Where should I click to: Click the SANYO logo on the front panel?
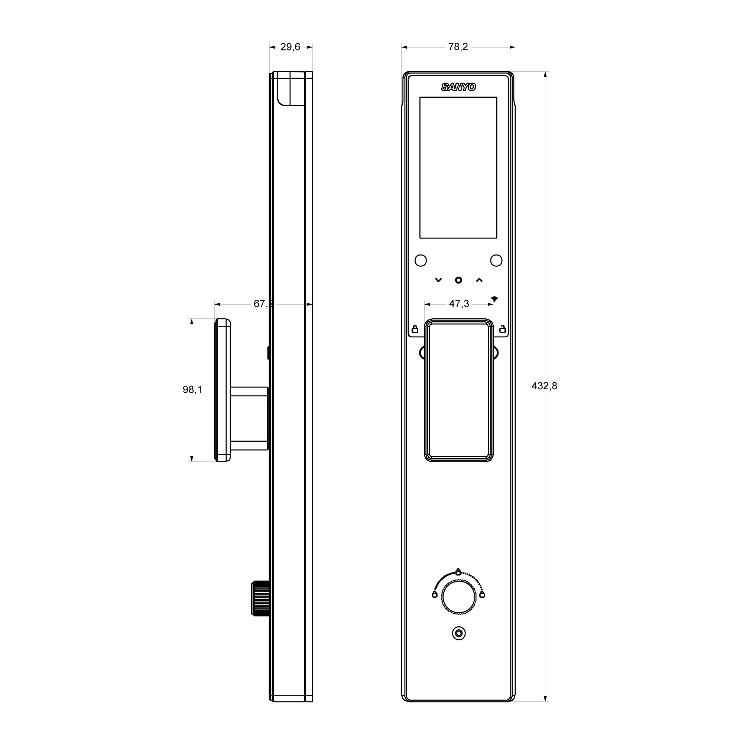458,87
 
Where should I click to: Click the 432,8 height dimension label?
544,386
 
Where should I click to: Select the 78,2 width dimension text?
458,47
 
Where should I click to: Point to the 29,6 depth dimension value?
290,47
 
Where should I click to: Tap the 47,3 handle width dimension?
459,304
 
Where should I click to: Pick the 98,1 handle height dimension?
192,390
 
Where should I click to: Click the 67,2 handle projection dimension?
263,304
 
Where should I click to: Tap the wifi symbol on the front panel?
494,299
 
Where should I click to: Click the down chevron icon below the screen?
438,280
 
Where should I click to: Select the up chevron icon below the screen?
479,280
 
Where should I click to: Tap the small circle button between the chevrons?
458,280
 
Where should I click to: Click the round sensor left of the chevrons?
421,260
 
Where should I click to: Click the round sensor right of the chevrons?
496,260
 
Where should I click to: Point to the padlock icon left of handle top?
415,329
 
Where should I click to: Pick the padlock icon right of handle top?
502,329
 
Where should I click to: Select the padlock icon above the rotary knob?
458,572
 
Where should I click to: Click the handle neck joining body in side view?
249,418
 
